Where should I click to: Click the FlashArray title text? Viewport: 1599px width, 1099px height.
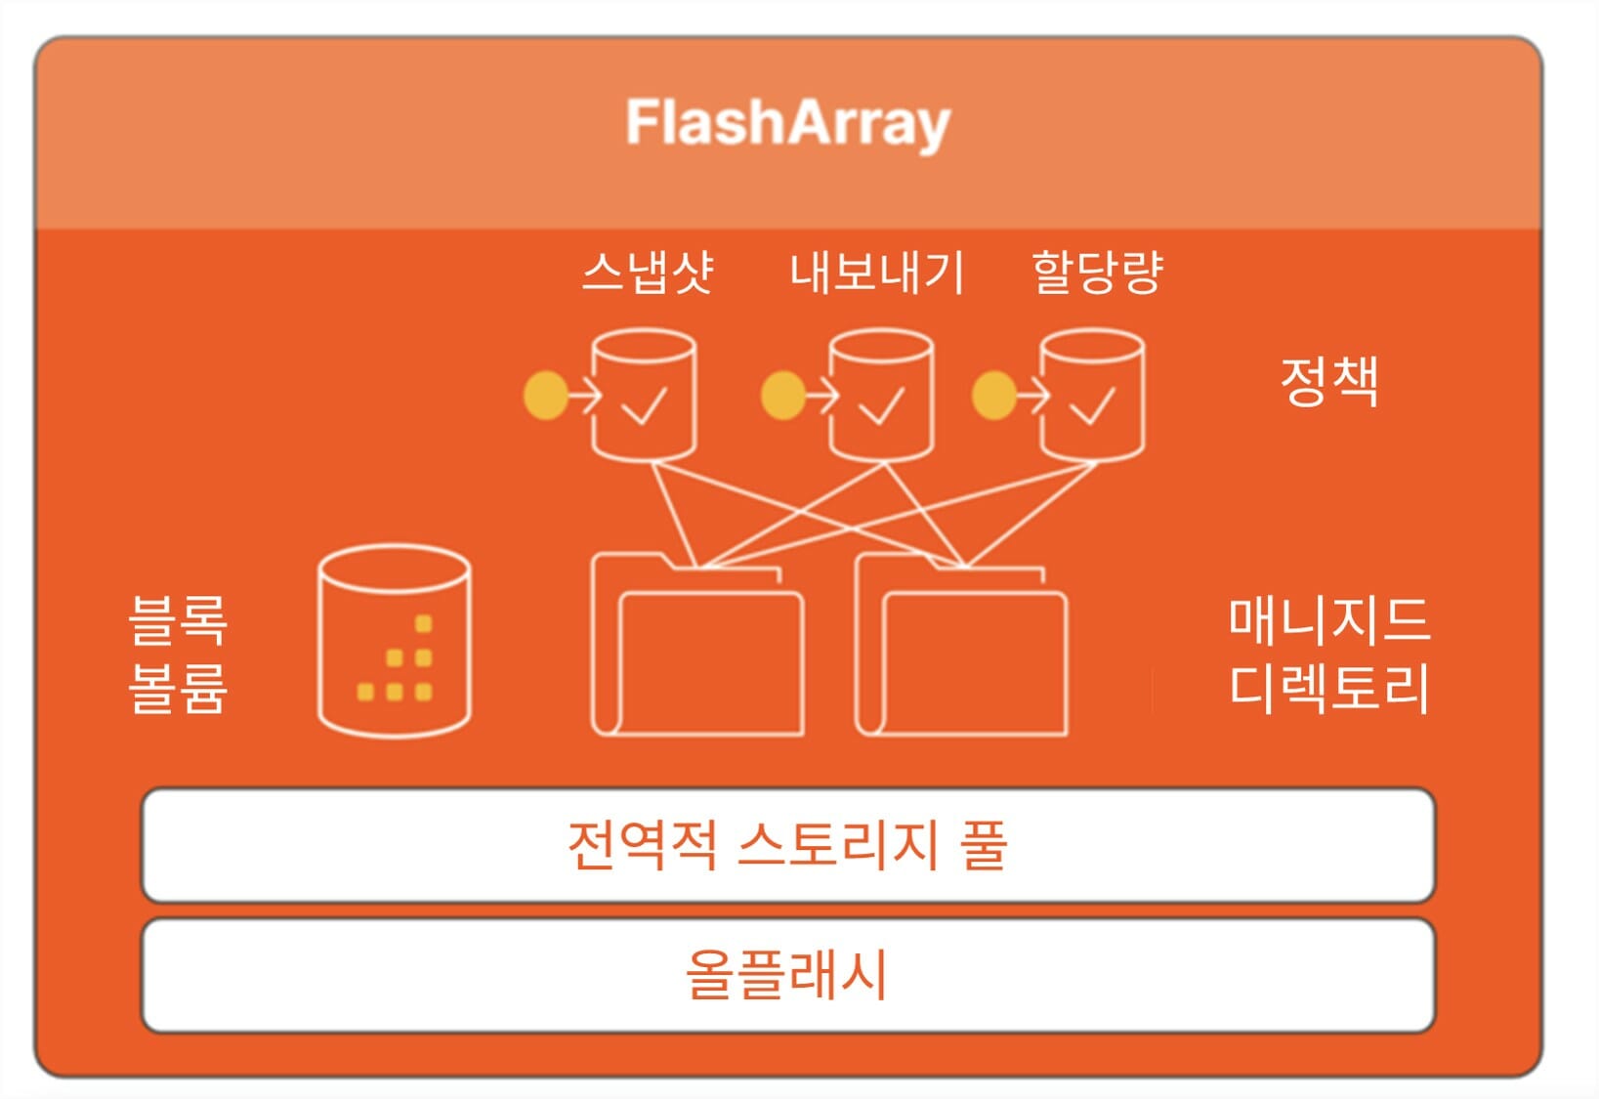[788, 123]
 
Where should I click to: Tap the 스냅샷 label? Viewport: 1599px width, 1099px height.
[648, 272]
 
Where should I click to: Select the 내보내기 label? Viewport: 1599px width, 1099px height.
[877, 273]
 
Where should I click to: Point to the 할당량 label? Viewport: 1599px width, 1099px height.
[1098, 273]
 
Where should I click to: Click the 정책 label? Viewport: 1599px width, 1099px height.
[1329, 381]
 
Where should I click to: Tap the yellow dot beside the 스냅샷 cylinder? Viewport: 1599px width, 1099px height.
[546, 395]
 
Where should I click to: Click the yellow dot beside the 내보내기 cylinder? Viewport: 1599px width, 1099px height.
[783, 395]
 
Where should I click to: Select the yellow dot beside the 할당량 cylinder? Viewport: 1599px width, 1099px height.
[994, 395]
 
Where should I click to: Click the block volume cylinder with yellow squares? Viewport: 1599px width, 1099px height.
[394, 641]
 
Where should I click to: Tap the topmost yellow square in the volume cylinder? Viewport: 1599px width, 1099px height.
[423, 623]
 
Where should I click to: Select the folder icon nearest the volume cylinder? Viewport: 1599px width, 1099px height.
[698, 644]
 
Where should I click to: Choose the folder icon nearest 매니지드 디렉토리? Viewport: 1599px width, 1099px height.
[961, 644]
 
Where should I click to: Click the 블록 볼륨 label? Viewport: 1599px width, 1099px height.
[178, 655]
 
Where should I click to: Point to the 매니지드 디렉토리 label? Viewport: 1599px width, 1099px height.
[1329, 655]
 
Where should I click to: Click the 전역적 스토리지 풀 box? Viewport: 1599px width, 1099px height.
[788, 845]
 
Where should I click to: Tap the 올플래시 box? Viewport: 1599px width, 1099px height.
[788, 976]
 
